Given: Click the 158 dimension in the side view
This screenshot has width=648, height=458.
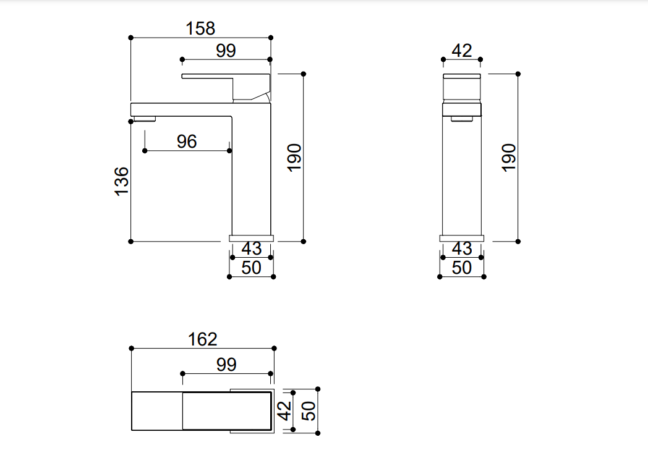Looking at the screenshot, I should click(x=200, y=28).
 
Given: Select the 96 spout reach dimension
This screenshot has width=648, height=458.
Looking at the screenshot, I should click(x=187, y=142).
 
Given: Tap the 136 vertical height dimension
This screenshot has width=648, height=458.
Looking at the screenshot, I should click(x=122, y=181).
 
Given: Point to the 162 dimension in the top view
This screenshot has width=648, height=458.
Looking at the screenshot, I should click(x=203, y=339).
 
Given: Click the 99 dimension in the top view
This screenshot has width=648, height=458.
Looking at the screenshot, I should click(x=226, y=365).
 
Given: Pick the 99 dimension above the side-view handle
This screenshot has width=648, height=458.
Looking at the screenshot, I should click(x=226, y=51).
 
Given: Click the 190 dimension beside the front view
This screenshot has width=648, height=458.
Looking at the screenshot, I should click(x=508, y=157).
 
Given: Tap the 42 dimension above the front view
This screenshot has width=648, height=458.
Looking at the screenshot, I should click(x=462, y=51).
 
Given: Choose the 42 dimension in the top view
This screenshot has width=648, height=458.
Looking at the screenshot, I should click(x=284, y=410).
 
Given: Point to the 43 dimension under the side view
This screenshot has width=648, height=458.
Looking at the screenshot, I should click(x=252, y=248).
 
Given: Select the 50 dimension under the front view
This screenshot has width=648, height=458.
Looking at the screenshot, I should click(x=462, y=268).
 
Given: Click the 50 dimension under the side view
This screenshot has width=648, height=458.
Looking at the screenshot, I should click(x=252, y=268).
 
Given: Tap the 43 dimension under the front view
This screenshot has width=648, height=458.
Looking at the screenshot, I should click(x=462, y=248).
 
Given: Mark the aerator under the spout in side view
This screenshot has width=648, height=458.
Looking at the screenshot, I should click(x=143, y=119).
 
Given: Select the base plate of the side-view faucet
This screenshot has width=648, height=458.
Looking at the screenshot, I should click(x=251, y=238).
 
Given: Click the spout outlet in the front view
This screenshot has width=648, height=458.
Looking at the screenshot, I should click(x=462, y=118).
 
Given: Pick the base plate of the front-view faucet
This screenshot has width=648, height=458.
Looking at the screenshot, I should click(x=462, y=238).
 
